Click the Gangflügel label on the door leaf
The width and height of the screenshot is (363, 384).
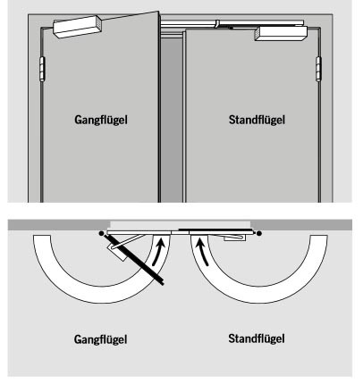click(x=101, y=120)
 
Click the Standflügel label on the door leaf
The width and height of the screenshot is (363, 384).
click(x=257, y=120)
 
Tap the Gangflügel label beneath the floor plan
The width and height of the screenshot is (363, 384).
click(x=101, y=339)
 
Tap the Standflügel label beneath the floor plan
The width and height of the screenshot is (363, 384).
click(x=257, y=338)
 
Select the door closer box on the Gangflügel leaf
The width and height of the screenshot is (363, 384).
click(x=78, y=27)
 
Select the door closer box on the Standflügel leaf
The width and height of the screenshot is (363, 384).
click(x=281, y=34)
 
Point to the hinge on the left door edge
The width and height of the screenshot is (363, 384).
click(x=42, y=68)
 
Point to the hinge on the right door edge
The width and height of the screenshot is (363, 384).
click(x=318, y=69)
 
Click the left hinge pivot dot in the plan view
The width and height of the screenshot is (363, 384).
click(x=101, y=233)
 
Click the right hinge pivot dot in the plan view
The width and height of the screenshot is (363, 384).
click(x=259, y=233)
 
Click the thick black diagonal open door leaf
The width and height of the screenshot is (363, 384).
click(x=134, y=260)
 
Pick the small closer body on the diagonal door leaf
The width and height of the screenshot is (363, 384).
click(x=117, y=252)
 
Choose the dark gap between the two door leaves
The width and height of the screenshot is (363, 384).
click(x=172, y=119)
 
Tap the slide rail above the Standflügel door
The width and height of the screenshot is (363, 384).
click(x=232, y=24)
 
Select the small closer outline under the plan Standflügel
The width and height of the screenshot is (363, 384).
click(x=235, y=237)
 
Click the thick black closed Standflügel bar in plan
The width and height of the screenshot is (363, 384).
click(x=216, y=230)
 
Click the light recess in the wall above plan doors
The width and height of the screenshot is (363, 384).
click(x=181, y=225)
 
